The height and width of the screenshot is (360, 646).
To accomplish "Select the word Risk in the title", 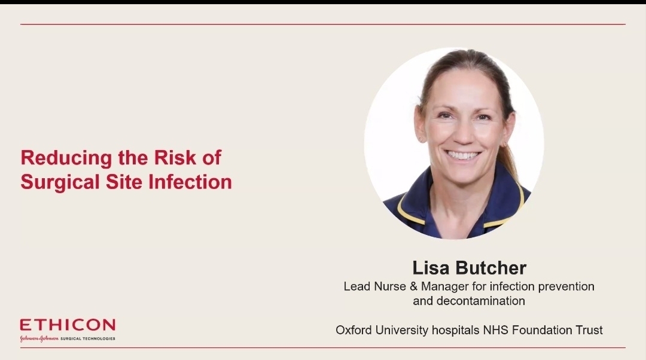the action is pos(175,157).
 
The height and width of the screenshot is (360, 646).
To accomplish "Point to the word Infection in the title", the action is pos(190,182).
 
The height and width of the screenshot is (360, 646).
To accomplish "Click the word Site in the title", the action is pos(124,182).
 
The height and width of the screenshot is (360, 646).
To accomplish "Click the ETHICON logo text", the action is pos(68,325).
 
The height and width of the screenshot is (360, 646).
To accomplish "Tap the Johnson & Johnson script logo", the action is pos(39,338).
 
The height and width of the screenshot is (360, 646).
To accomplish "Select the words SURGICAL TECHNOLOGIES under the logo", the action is pos(88,338).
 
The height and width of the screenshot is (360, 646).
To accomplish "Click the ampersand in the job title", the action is pos(413,286).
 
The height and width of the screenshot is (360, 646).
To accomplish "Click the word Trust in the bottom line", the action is pos(589,330).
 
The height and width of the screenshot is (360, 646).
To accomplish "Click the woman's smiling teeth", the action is pos(463,155).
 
